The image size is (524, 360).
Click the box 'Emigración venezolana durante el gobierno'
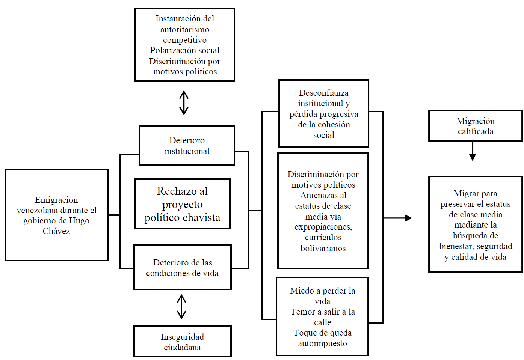point(56,215)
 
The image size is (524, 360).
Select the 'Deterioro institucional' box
point(187,146)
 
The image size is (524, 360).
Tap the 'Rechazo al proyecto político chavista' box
point(183,204)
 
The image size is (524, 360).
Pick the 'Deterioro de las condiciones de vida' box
point(183,267)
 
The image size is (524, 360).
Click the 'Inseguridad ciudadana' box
point(183,342)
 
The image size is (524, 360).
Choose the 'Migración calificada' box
point(475,126)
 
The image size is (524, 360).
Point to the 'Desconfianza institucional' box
point(323,113)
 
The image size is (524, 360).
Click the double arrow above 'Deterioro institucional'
point(184,103)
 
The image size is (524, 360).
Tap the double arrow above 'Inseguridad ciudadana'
point(182,307)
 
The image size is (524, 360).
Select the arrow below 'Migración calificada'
point(473,152)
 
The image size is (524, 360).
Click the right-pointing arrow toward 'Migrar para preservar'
point(398,218)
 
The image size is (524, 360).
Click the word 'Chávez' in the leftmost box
point(56,231)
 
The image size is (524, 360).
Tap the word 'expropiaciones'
point(323,227)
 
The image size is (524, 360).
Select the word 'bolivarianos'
point(323,248)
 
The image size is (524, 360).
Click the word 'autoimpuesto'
point(322,343)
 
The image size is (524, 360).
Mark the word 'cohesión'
point(334,124)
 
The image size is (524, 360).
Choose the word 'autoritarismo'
point(185,29)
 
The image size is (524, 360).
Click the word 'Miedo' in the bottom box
point(302,291)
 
